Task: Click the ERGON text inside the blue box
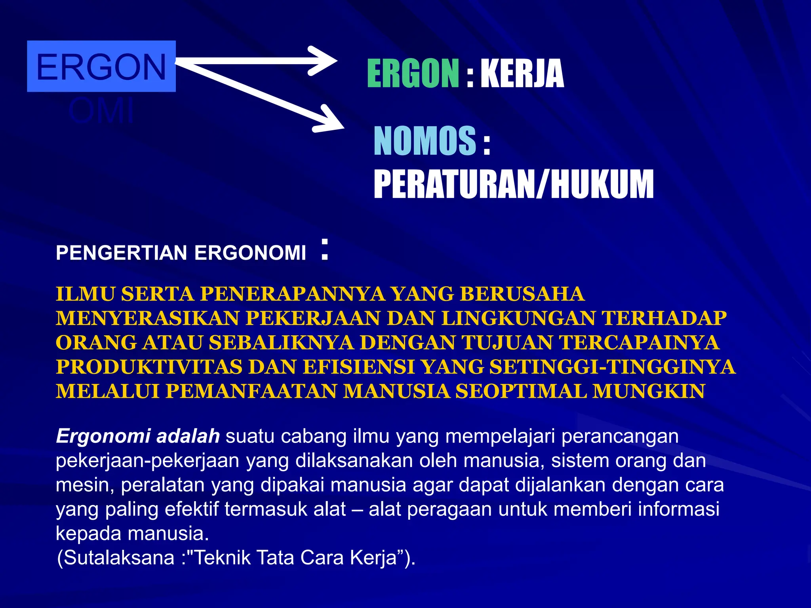[x=101, y=67]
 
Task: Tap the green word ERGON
[x=413, y=74]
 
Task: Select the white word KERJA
[x=522, y=74]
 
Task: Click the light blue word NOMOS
[x=425, y=141]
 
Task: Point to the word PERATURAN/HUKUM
[x=513, y=184]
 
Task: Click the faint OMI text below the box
[x=101, y=111]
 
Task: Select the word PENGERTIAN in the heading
[x=121, y=253]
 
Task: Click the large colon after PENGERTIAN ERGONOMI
[x=325, y=249]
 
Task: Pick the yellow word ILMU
[x=86, y=294]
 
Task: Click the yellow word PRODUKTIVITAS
[x=149, y=367]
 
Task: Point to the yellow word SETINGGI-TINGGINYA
[x=612, y=367]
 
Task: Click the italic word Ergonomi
[x=103, y=436]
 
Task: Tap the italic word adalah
[x=188, y=436]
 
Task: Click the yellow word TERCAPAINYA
[x=639, y=343]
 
